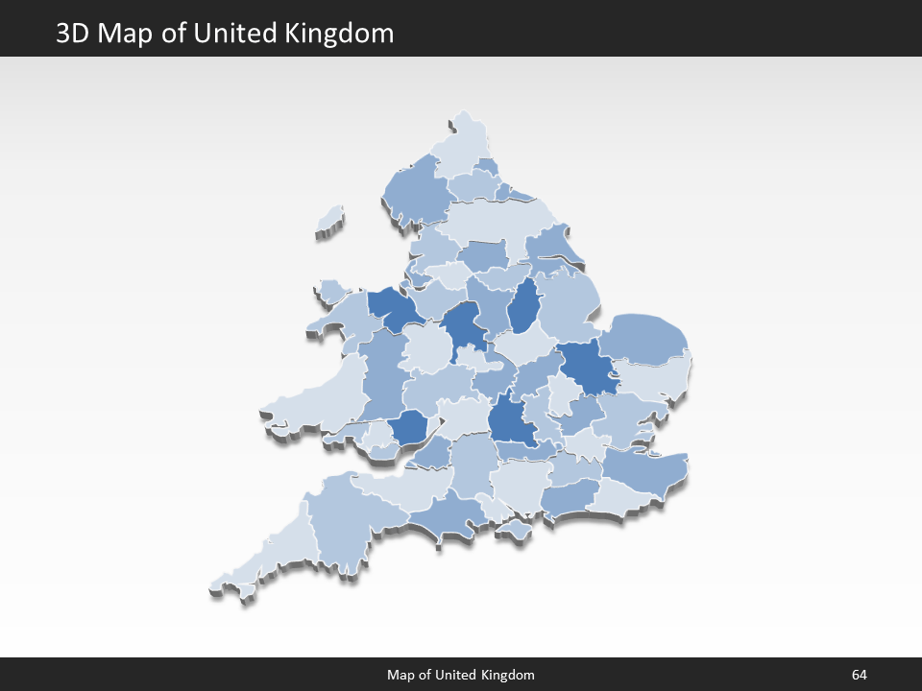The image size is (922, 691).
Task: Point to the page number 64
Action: click(859, 675)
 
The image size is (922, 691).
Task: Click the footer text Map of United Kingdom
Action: click(461, 675)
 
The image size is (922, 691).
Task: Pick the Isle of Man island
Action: click(330, 221)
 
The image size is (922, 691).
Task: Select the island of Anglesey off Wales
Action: click(332, 289)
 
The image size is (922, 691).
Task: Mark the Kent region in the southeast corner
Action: click(643, 470)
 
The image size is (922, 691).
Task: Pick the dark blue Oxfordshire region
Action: click(510, 422)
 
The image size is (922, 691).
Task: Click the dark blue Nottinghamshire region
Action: click(523, 307)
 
